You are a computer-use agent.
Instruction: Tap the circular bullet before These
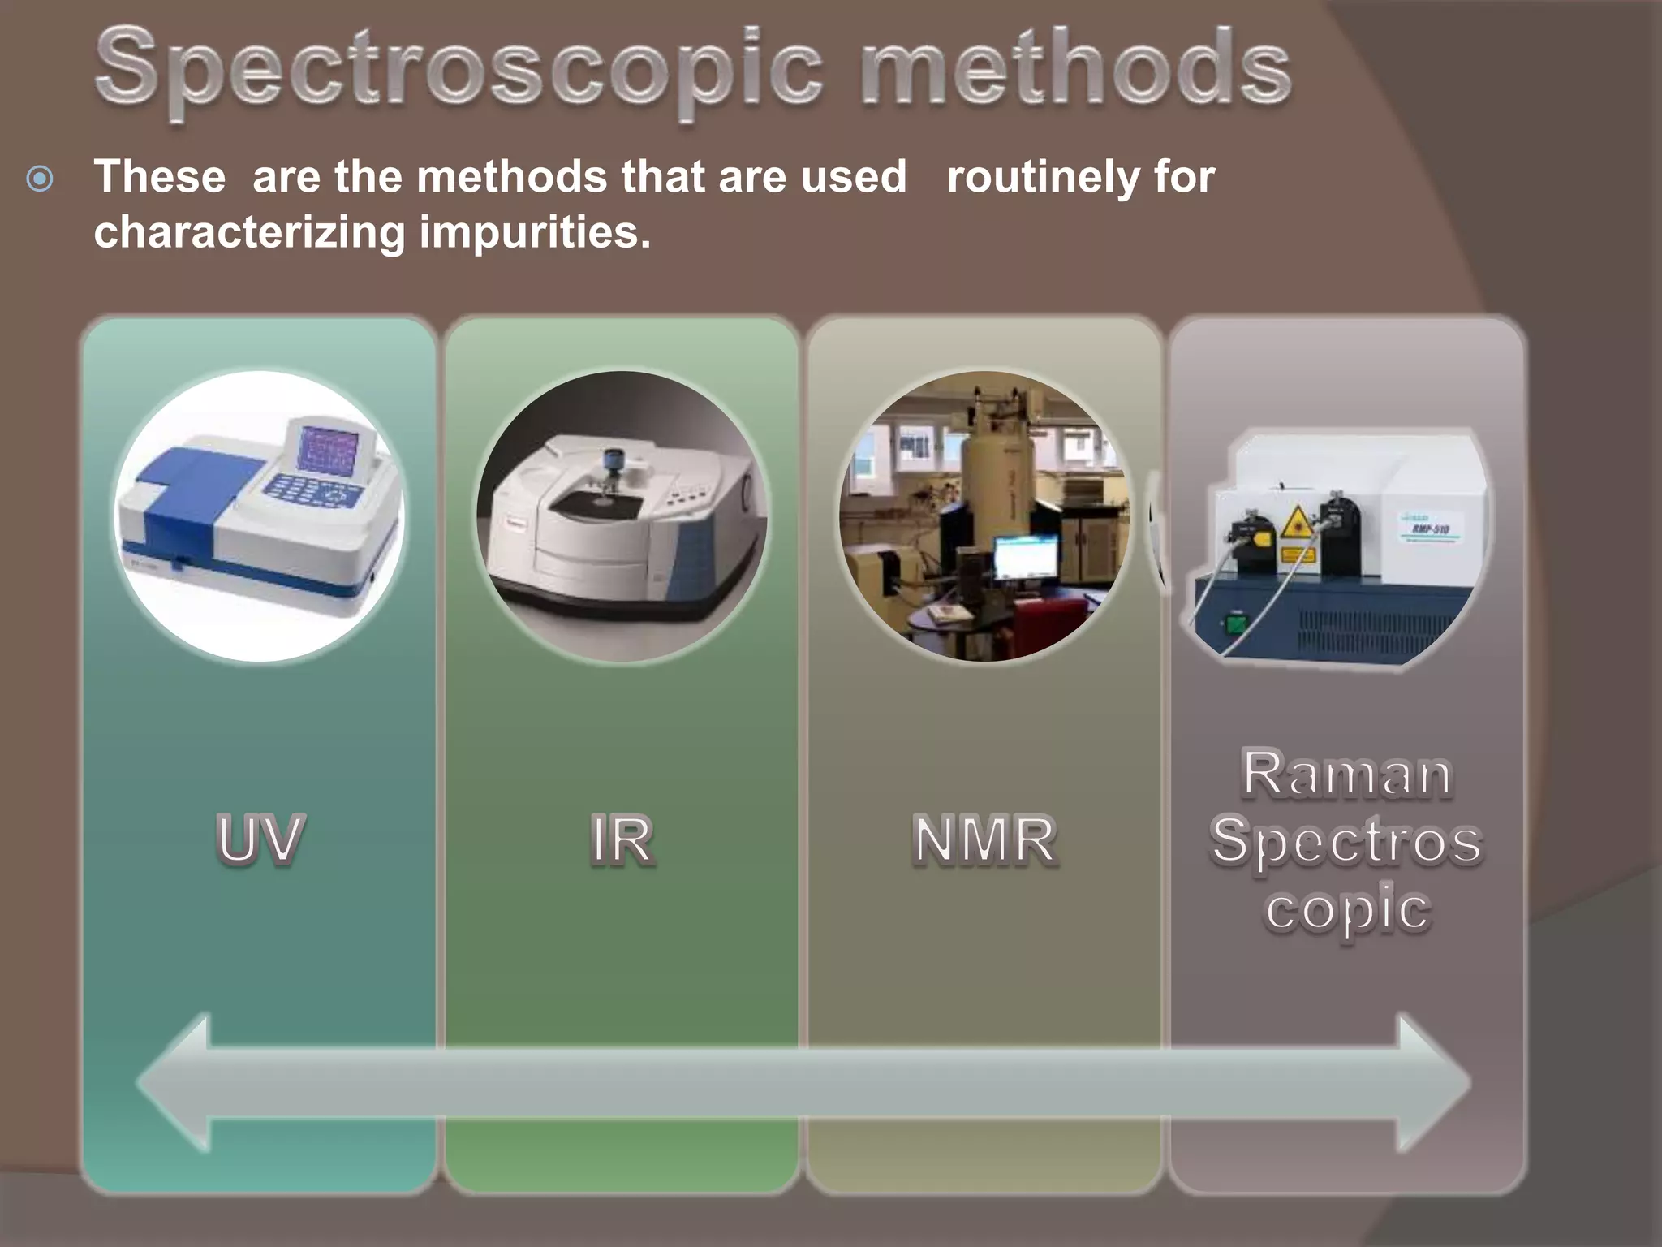point(40,179)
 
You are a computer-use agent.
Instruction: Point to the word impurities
point(535,233)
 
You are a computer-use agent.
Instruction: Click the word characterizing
point(249,233)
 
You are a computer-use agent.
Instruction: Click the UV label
point(260,839)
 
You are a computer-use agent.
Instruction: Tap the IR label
point(622,839)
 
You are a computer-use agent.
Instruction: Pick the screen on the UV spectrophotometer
point(329,449)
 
